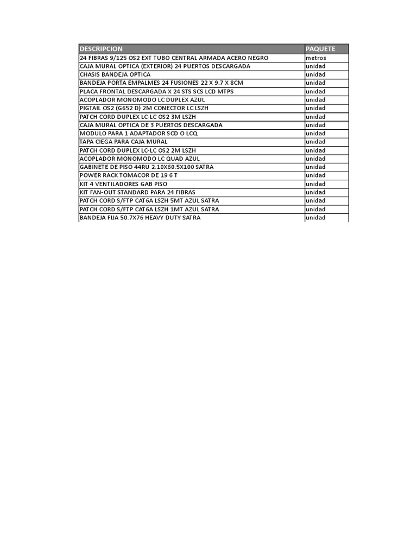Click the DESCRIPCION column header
[101, 49]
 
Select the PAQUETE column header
[320, 49]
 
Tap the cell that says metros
[315, 58]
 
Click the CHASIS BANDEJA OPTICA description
[115, 74]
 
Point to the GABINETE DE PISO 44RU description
[147, 167]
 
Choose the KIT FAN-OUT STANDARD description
[137, 192]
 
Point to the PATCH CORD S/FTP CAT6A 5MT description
[149, 201]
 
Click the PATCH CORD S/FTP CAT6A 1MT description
[149, 209]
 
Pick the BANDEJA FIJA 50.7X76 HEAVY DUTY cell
[140, 218]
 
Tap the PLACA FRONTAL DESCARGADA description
[156, 91]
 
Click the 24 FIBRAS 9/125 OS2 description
[174, 58]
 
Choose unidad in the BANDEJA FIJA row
[315, 218]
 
